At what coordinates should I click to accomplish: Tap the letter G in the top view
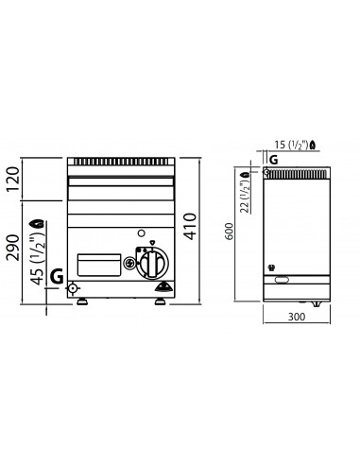(274, 161)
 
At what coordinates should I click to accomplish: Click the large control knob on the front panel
(151, 264)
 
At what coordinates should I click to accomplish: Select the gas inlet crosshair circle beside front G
(74, 290)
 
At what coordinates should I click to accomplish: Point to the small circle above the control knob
(140, 232)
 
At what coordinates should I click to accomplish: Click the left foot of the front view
(82, 303)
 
